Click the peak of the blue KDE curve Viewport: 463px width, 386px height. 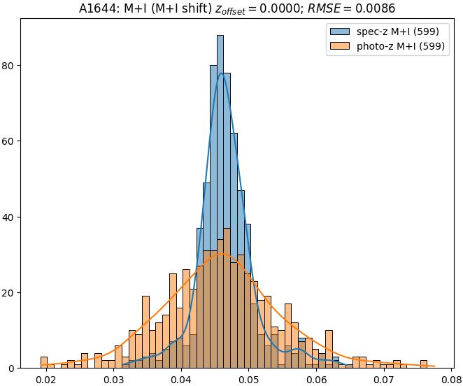point(222,73)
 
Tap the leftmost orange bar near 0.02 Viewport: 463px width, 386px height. point(44,362)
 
